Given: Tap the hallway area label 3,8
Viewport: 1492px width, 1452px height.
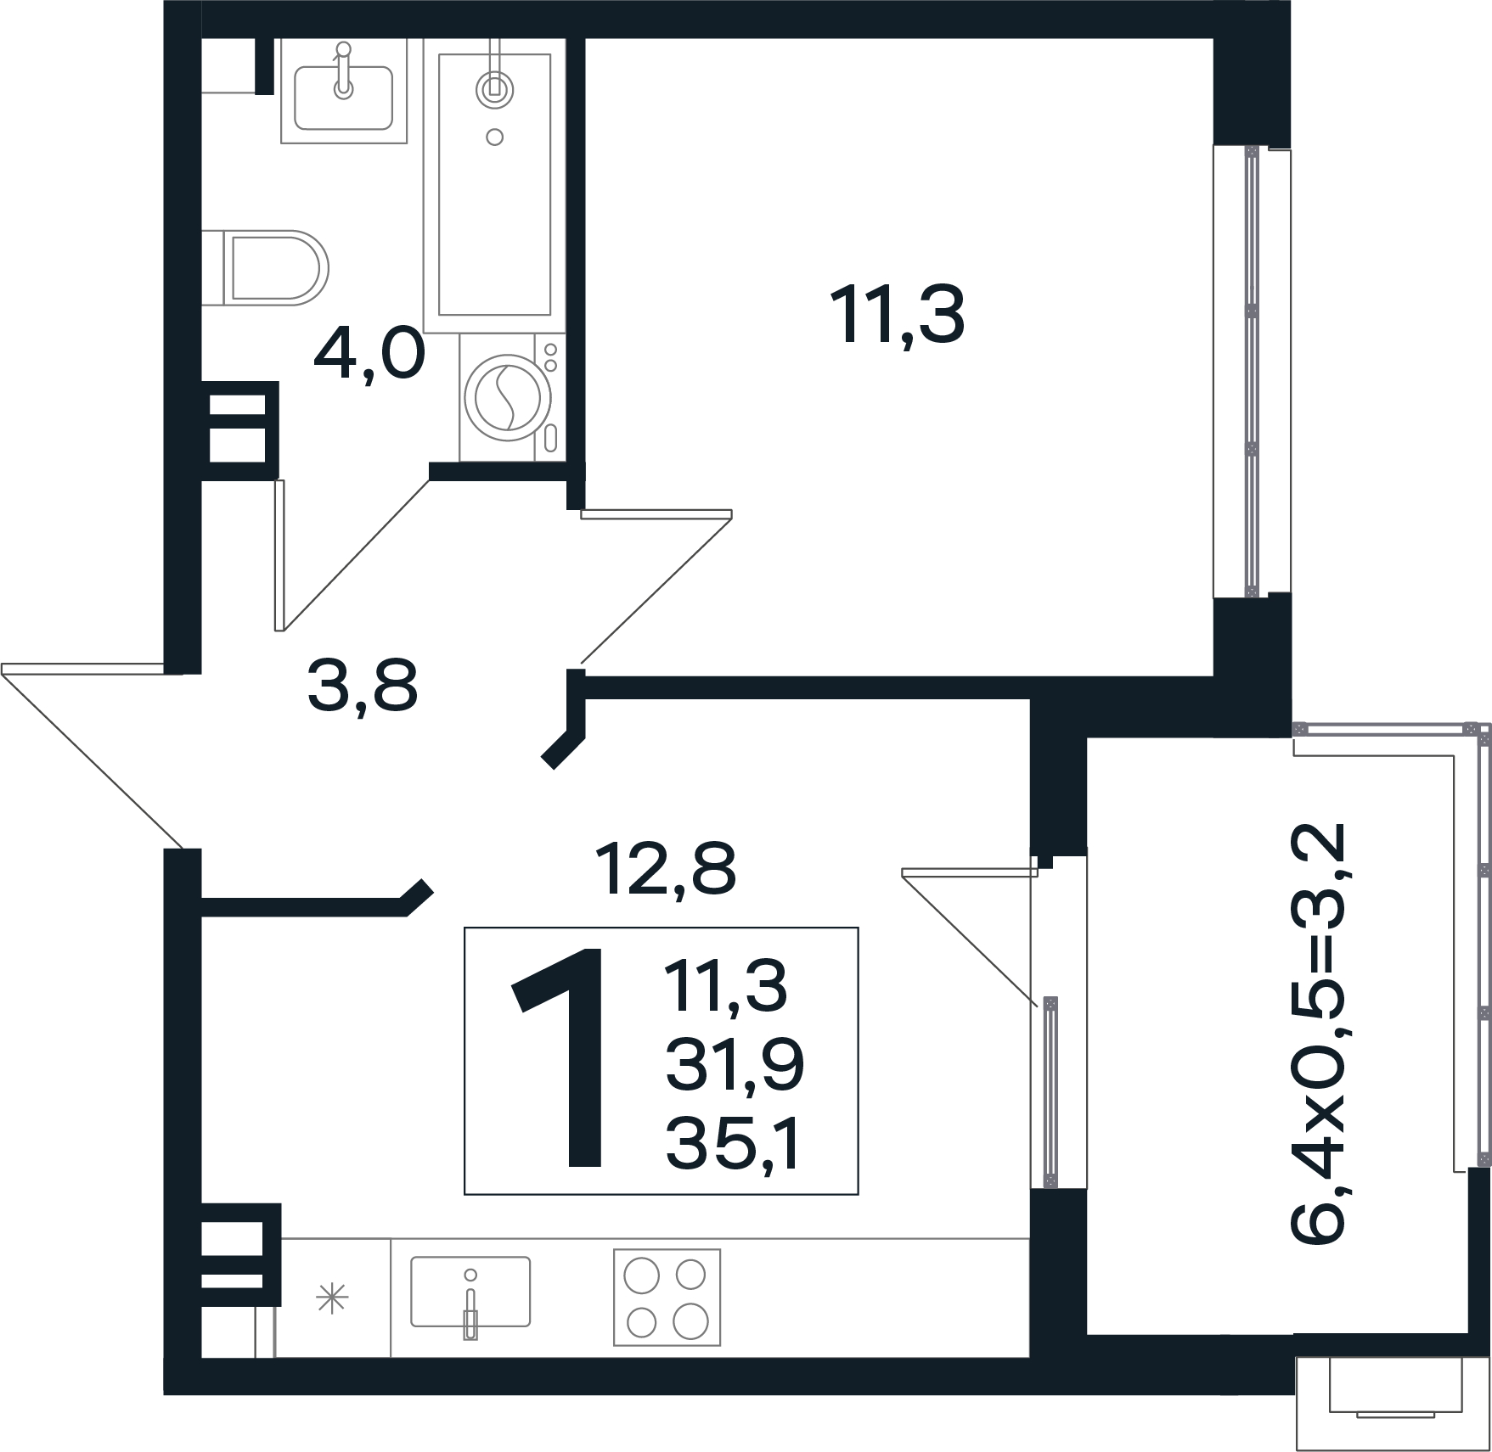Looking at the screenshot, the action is tap(363, 687).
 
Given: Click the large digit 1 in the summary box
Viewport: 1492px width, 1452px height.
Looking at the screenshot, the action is tap(558, 1058).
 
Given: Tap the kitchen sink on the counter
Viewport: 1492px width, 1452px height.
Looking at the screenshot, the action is tap(470, 1292).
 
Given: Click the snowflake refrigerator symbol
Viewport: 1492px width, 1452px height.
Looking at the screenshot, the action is tap(331, 1298).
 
